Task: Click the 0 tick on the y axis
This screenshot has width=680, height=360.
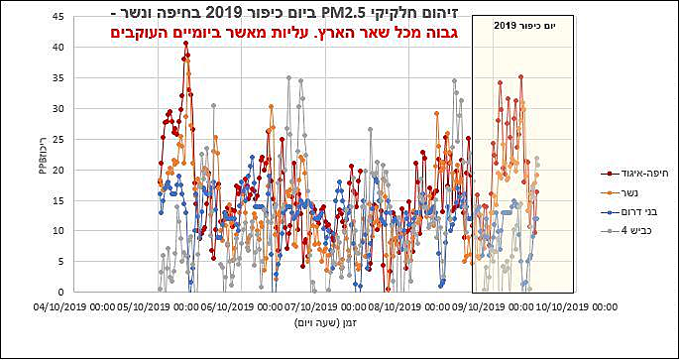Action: pyautogui.click(x=63, y=292)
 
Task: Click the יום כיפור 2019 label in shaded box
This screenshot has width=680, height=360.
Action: pyautogui.click(x=521, y=26)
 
